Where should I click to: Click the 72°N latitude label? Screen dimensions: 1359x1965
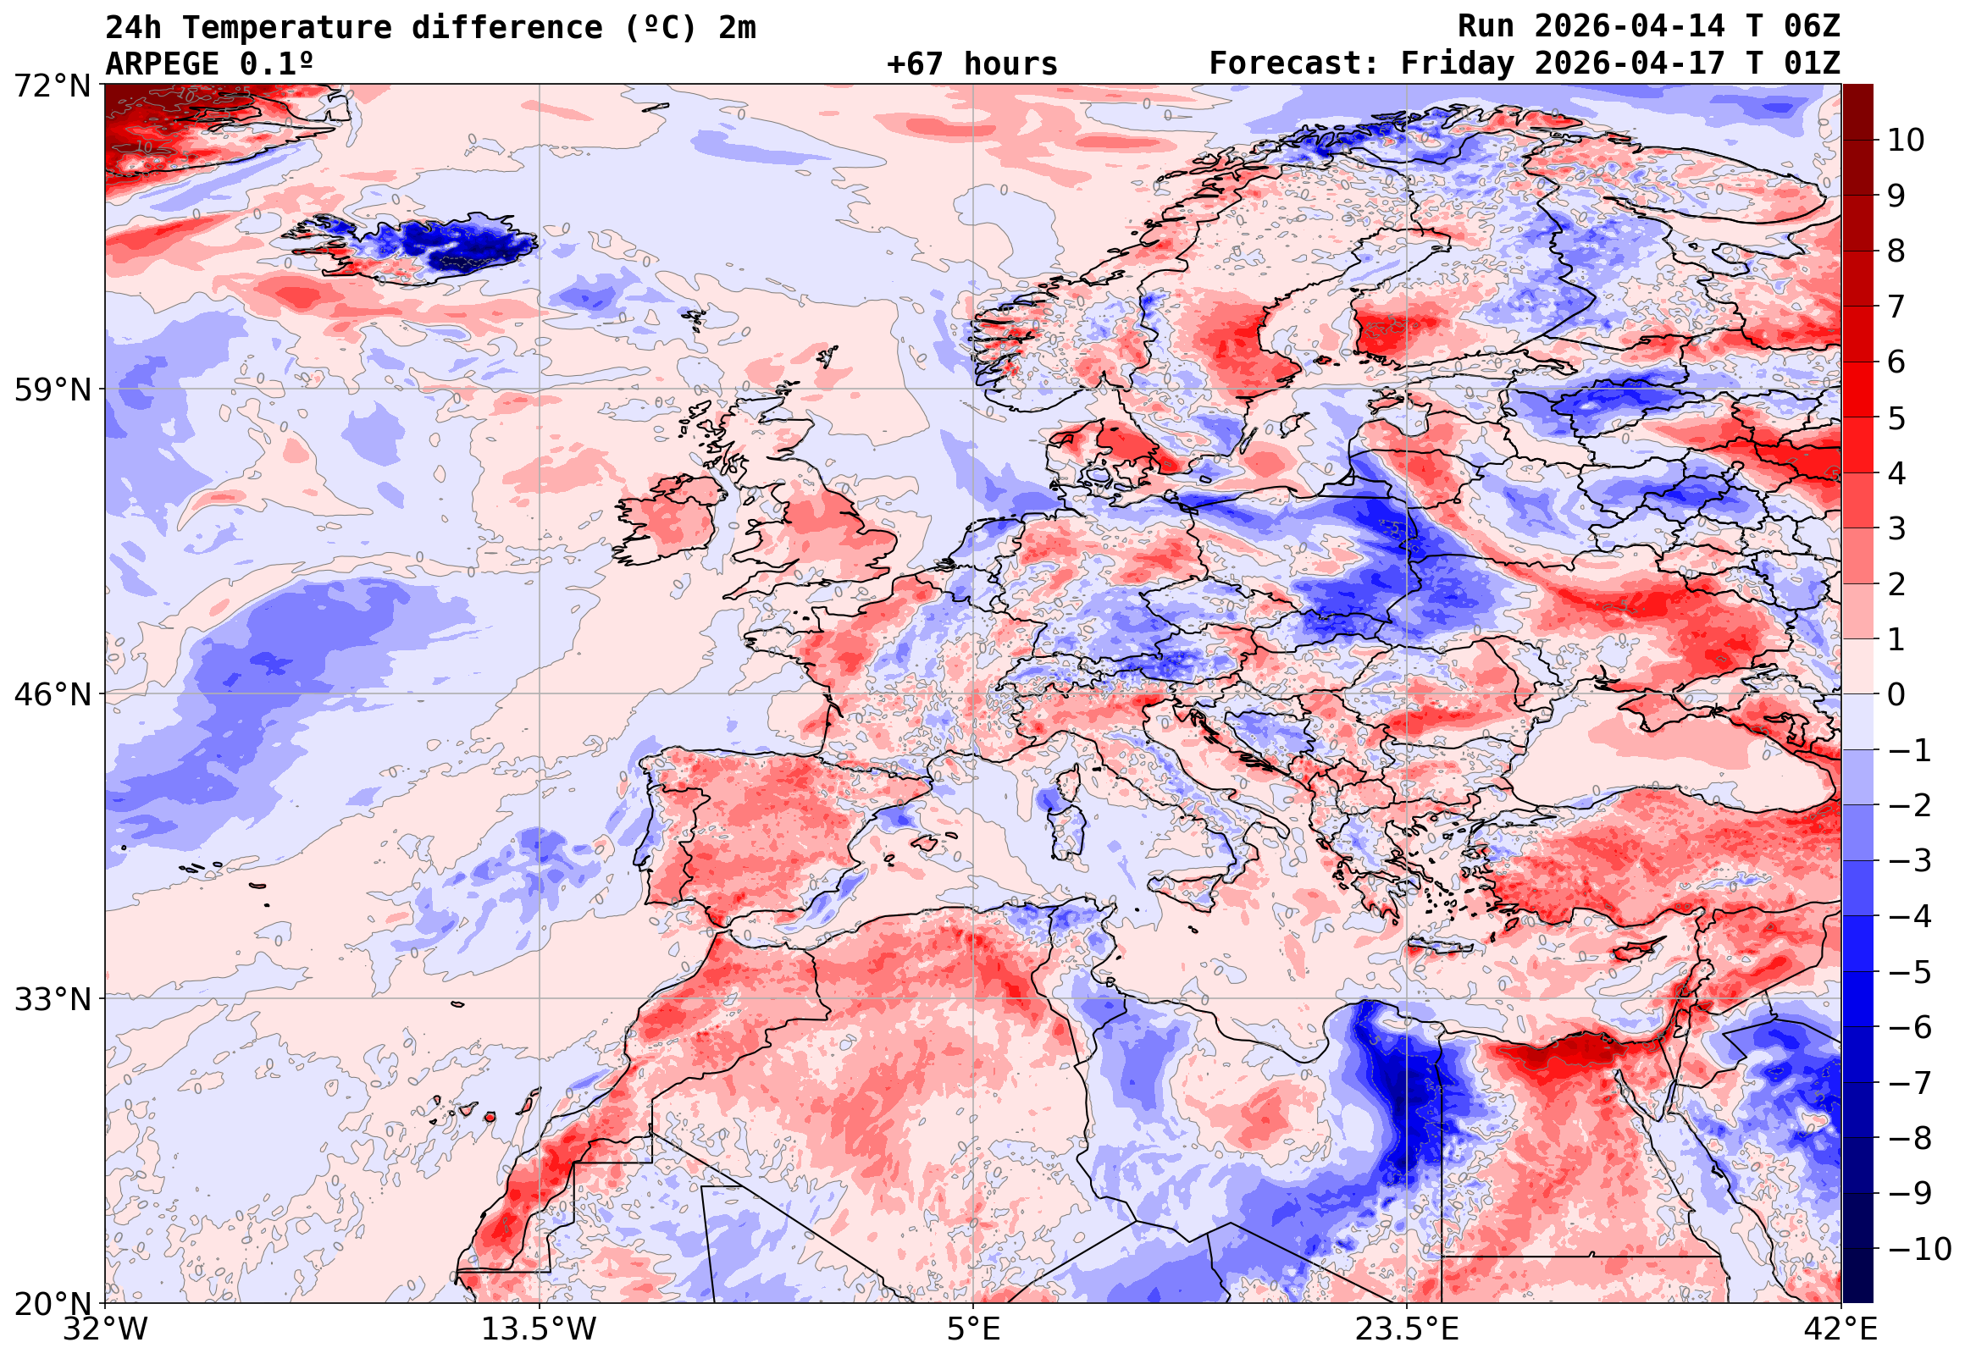(x=51, y=86)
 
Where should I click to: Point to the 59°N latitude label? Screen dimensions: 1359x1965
(x=51, y=390)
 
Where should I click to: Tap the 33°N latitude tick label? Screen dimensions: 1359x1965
(x=51, y=999)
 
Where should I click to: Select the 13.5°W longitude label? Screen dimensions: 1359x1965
(x=539, y=1329)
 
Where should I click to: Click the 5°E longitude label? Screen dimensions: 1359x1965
(x=972, y=1329)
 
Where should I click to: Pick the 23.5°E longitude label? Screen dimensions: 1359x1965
(x=1406, y=1329)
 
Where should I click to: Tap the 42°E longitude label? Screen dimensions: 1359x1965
(x=1840, y=1329)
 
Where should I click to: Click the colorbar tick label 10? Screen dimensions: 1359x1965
(x=1907, y=141)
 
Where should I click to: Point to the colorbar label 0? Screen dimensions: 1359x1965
(x=1896, y=695)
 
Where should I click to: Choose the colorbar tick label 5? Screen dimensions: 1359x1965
(x=1896, y=418)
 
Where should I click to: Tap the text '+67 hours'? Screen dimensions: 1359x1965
(x=971, y=64)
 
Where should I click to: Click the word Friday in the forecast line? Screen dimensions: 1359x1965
(x=1458, y=64)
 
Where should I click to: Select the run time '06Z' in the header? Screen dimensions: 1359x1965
(x=1812, y=26)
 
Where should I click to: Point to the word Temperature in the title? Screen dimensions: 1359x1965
(x=286, y=27)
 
